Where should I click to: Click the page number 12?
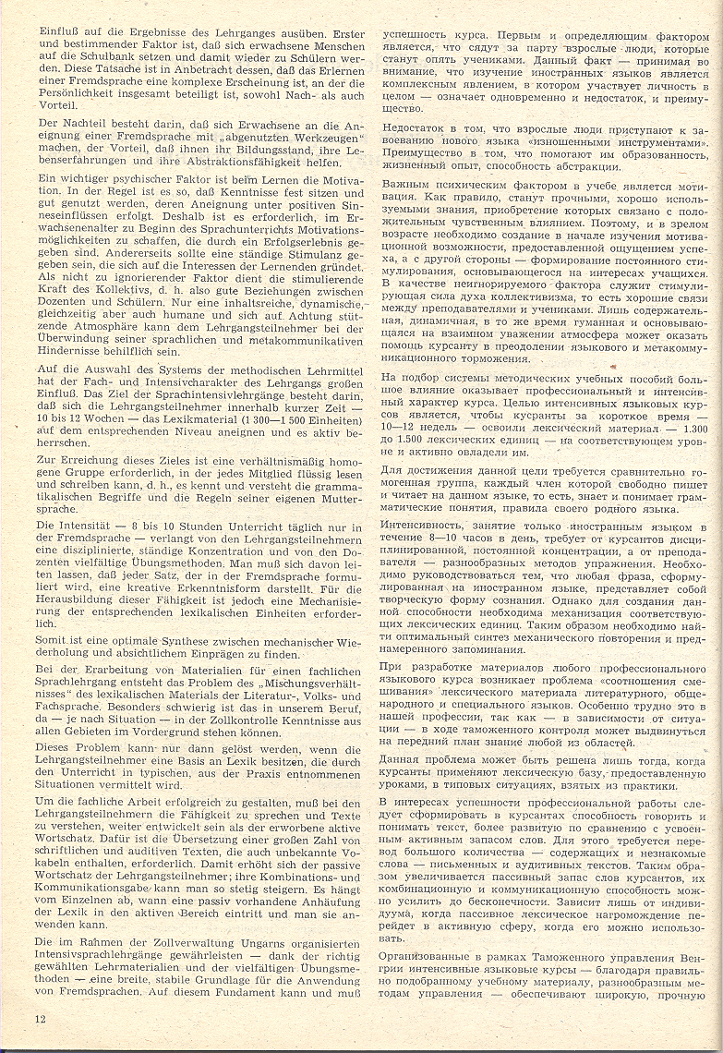click(40, 1019)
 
